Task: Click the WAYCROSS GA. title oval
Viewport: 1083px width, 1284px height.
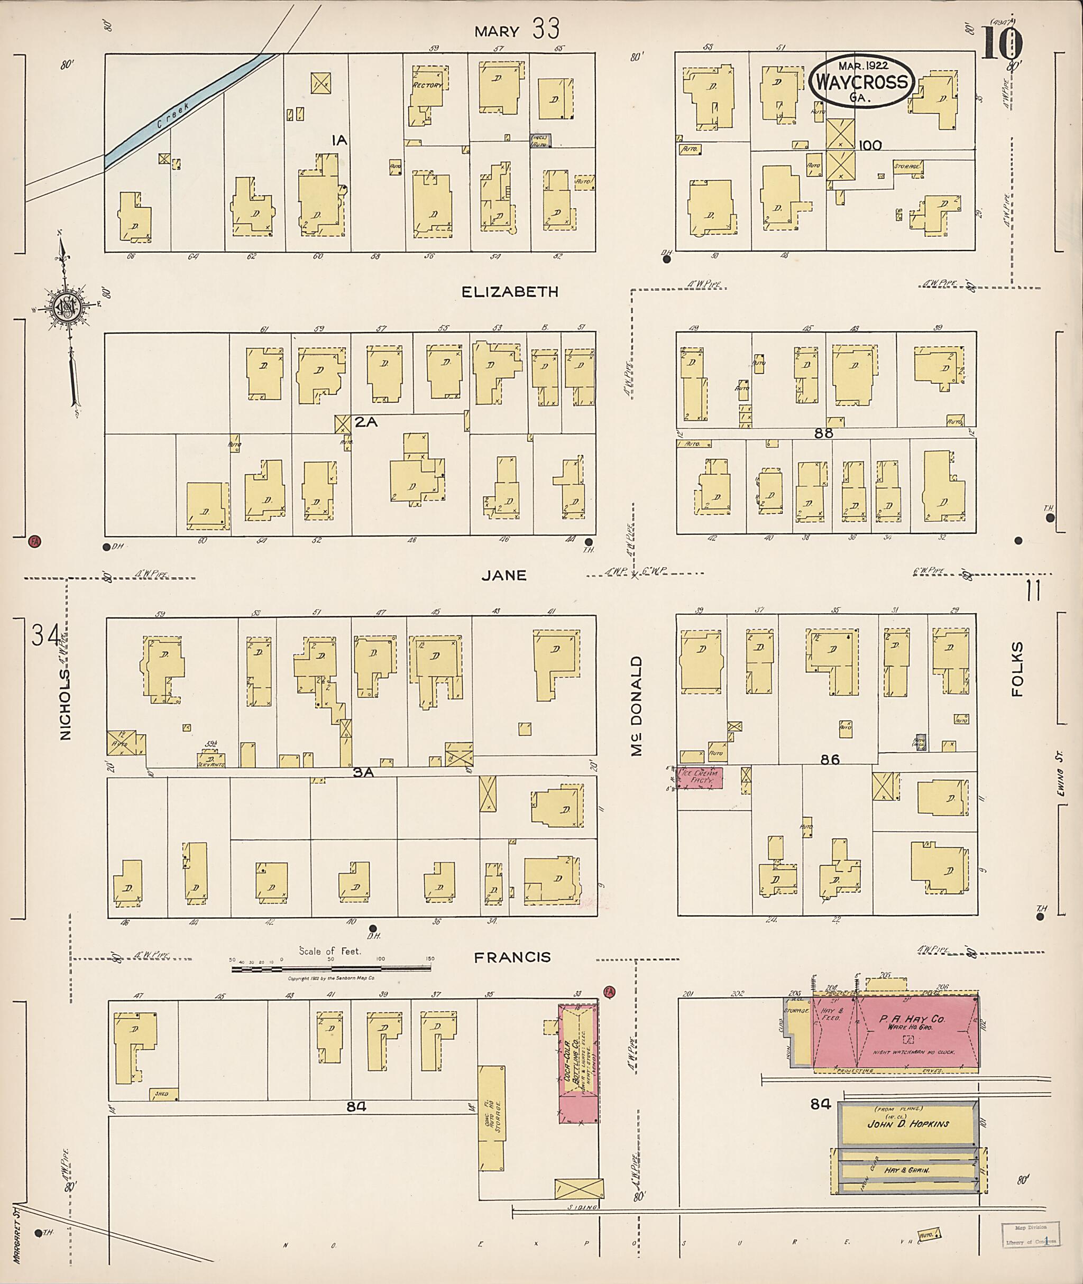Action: [861, 81]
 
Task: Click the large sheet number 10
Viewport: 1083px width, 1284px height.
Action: [1002, 43]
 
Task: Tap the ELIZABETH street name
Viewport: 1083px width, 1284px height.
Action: [510, 292]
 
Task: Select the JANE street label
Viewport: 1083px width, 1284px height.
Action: [504, 575]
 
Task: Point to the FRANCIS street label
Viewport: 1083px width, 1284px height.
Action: [512, 957]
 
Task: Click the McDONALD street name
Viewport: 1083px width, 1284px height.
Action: [637, 706]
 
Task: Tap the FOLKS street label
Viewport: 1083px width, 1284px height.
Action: [1018, 669]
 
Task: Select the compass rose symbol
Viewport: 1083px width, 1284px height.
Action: [65, 307]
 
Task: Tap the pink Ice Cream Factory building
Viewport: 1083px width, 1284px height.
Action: [700, 778]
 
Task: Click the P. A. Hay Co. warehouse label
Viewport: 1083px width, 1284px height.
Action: [912, 1021]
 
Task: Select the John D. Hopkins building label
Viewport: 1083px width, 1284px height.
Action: [907, 1124]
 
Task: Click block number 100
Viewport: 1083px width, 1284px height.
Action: [870, 145]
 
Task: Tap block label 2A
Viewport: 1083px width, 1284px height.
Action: [365, 422]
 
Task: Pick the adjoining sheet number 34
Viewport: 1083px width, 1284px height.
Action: [46, 635]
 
